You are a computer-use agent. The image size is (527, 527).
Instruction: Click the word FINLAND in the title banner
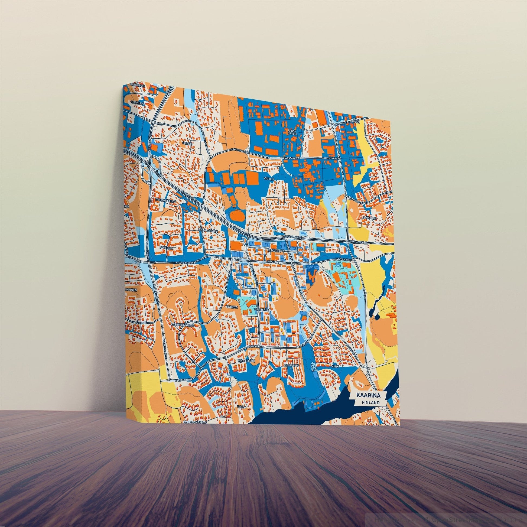click(x=371, y=402)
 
